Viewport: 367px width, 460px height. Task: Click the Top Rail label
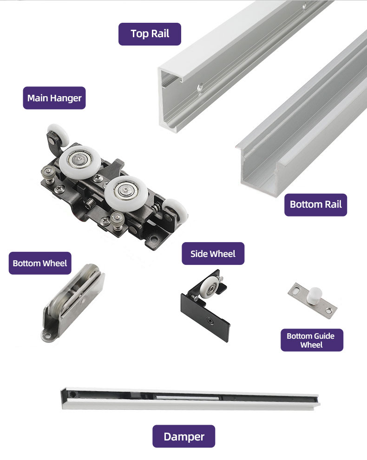coord(150,34)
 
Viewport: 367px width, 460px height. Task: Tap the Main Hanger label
coord(54,98)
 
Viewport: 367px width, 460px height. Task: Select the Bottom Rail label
coord(315,205)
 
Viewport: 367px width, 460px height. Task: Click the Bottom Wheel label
coord(40,263)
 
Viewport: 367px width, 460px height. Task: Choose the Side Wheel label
coord(213,254)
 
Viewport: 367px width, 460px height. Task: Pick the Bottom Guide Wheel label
coord(312,340)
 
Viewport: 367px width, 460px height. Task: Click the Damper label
coord(183,436)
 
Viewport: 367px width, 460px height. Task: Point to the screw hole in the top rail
coord(200,87)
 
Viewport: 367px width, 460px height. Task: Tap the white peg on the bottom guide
coord(314,295)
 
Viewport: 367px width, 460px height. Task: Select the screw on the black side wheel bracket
coord(210,320)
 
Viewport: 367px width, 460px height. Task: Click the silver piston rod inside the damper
coord(187,398)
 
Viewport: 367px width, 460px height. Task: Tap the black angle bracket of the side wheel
coord(205,314)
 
